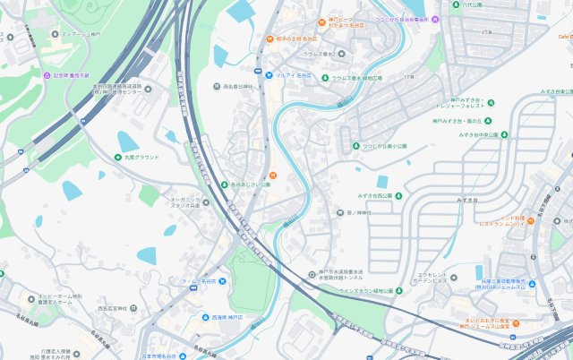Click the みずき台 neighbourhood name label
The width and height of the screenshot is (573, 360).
pyautogui.click(x=468, y=200)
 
